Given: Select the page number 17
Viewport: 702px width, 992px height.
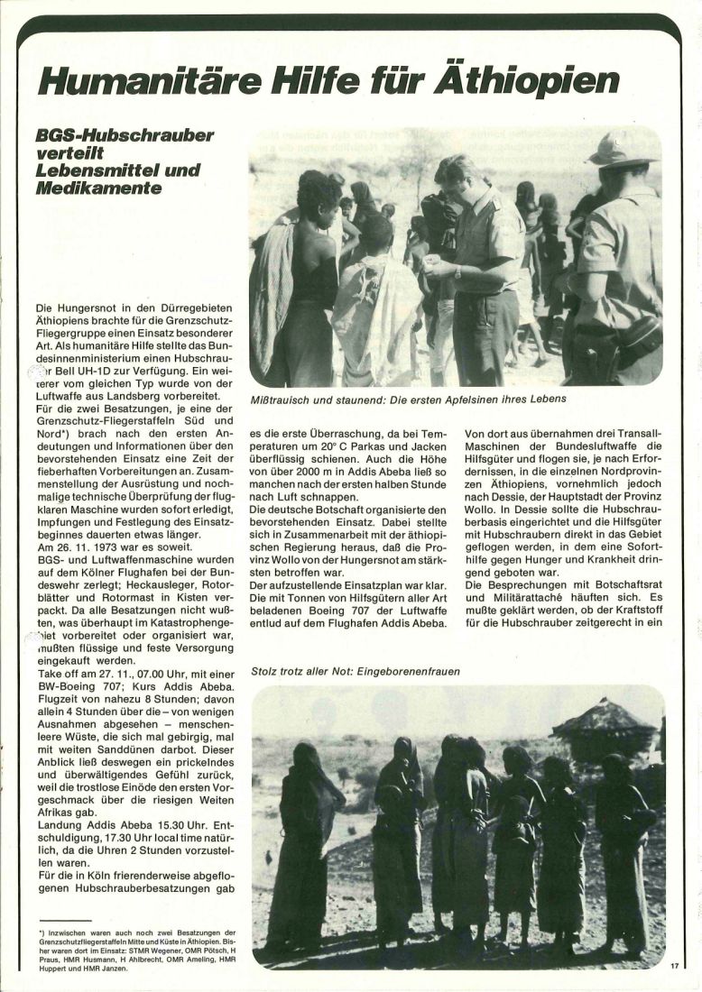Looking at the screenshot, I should click(x=674, y=966).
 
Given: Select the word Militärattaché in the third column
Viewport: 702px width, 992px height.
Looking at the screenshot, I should click(x=510, y=597).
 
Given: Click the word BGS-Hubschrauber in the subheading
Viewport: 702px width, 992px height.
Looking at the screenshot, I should click(x=125, y=135).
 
